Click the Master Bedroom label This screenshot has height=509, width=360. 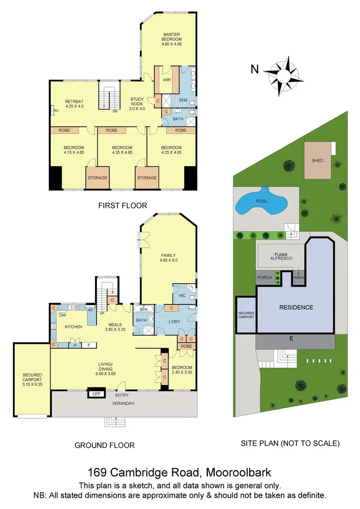[171, 37]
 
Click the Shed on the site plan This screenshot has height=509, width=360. [317, 160]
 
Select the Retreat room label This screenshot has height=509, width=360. [74, 101]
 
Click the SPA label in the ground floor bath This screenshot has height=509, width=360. [143, 310]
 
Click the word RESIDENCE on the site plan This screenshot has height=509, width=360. [296, 307]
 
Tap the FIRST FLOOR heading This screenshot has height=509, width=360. [122, 206]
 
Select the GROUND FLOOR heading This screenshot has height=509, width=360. [105, 445]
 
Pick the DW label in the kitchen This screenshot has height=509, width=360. [62, 315]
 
